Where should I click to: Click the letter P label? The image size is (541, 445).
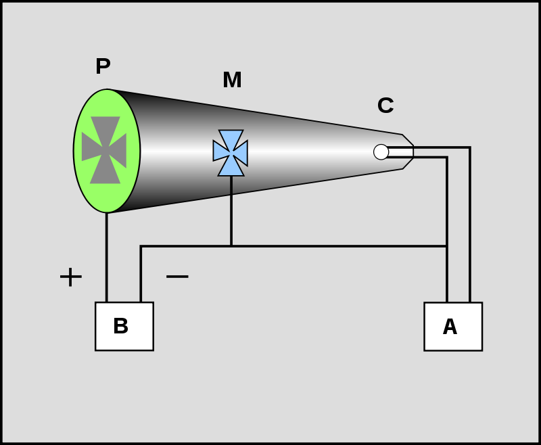tap(103, 66)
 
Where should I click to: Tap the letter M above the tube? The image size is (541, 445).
tap(232, 80)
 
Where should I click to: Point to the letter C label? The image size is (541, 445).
tap(385, 106)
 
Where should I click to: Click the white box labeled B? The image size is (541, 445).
tap(124, 327)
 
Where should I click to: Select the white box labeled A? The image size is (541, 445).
tap(453, 327)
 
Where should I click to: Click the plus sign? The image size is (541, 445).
tap(71, 277)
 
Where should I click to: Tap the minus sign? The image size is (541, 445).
tap(177, 276)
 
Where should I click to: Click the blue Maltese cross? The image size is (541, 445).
tap(231, 153)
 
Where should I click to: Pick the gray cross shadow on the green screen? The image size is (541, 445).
tap(104, 150)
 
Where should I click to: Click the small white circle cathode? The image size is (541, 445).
tap(381, 151)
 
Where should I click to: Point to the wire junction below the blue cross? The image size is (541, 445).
tap(231, 246)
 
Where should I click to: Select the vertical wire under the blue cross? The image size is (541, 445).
tap(231, 211)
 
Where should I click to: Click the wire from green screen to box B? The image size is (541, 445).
tap(107, 258)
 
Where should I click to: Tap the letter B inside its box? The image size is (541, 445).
tap(121, 326)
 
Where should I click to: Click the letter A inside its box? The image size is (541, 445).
tap(450, 327)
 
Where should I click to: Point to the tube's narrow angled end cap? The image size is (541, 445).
tap(408, 151)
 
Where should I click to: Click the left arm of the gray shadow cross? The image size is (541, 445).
tap(91, 147)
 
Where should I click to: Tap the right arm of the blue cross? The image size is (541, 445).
tap(241, 153)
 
